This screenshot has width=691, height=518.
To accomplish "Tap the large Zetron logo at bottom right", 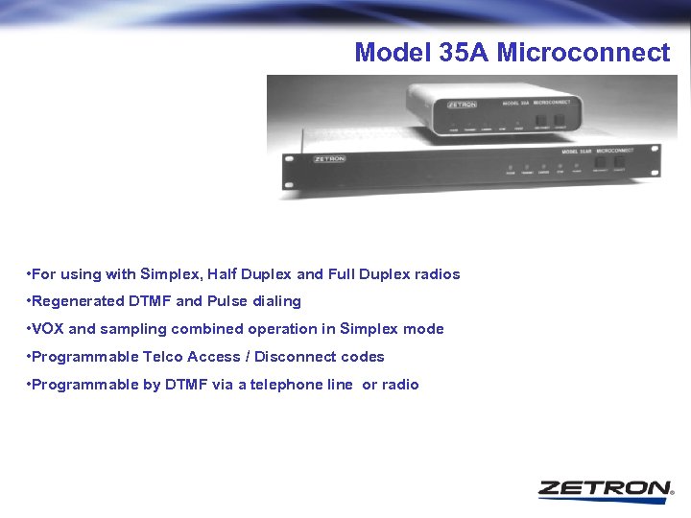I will (x=605, y=488).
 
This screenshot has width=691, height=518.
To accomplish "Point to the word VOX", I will (x=48, y=329).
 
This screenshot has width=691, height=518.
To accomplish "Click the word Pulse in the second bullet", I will (x=228, y=301).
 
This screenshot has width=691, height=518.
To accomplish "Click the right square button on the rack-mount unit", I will (x=619, y=164).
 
